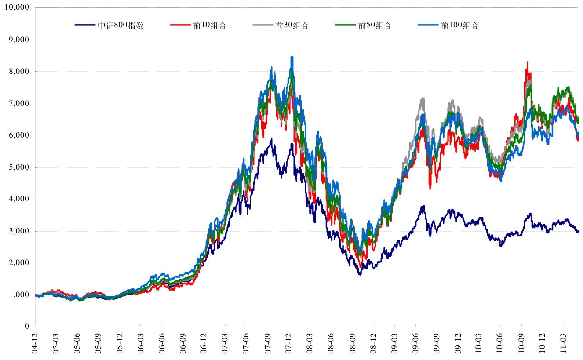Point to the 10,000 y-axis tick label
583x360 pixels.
point(16,8)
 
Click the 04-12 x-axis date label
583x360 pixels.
point(35,345)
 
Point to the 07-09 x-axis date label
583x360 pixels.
point(267,345)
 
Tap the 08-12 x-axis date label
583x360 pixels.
point(373,345)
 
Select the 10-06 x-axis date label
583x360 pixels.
point(500,345)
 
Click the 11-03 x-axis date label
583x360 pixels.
point(564,345)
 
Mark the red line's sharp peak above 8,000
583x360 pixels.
point(527,62)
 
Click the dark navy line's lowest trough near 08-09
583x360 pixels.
point(360,274)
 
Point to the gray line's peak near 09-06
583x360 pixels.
point(423,98)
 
